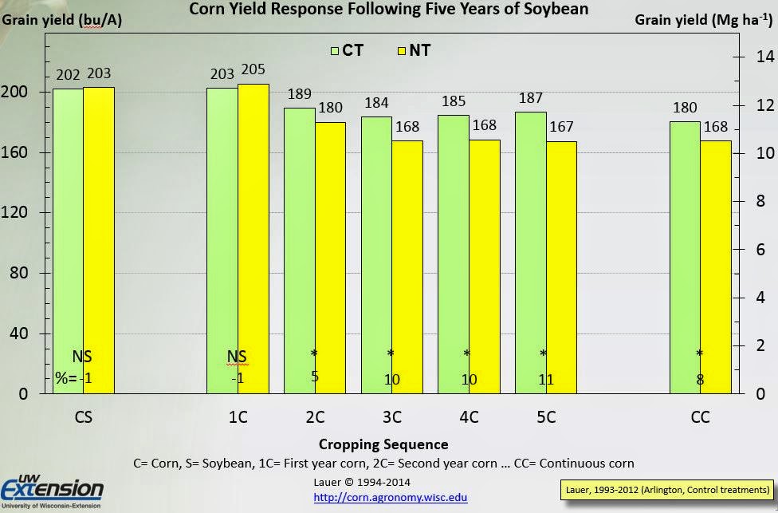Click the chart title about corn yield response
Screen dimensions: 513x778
388,10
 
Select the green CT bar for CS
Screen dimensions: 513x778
68,239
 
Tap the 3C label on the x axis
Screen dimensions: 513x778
391,417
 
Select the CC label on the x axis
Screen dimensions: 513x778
700,417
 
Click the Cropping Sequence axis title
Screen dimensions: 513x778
383,444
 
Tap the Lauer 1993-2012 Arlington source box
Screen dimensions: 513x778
666,489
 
